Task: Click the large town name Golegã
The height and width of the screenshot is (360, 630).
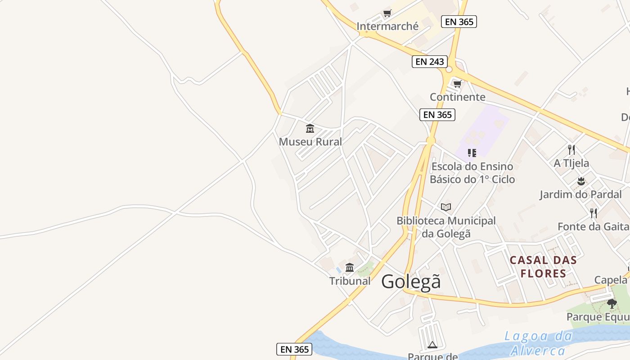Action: coord(411,282)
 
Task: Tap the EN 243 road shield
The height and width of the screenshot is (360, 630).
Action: coord(430,62)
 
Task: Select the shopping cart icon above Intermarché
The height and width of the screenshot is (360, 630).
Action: coord(387,13)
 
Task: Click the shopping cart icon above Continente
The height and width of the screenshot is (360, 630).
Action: coord(458,84)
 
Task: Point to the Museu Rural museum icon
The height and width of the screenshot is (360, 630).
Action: coord(310,129)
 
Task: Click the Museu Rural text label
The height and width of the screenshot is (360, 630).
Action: coord(310,142)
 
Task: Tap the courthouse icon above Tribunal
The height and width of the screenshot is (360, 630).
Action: coord(350,268)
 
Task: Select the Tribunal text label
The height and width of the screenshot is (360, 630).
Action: coord(350,281)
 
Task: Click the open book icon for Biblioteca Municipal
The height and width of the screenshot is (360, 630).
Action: coord(446,207)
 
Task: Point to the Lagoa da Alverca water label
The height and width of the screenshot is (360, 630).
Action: coord(538,343)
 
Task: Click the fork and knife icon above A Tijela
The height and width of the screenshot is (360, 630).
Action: coord(571,150)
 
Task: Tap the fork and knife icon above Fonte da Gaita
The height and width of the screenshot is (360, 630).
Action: coord(594,213)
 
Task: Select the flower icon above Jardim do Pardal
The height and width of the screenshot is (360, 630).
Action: coord(581,181)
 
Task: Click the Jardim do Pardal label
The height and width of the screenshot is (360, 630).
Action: coord(580,195)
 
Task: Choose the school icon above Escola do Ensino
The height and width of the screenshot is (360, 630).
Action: coord(472,153)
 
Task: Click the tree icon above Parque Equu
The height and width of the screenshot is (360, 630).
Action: coord(612,304)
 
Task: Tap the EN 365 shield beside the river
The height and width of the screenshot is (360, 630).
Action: coord(294,349)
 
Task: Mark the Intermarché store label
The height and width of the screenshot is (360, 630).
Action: coord(387,26)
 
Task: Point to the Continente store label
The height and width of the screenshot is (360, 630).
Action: coord(457,97)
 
